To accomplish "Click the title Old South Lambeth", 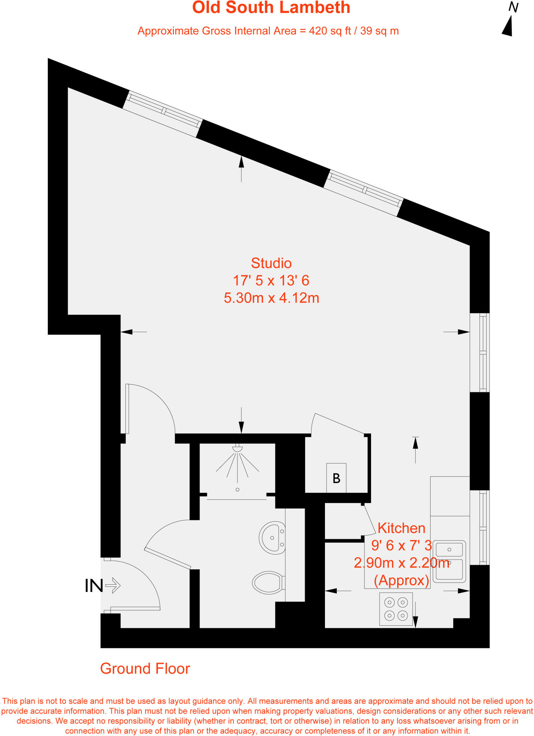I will coord(271,8).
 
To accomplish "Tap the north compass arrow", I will coord(508,26).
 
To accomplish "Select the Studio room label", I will coord(271,263).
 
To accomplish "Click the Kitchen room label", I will coord(401,528).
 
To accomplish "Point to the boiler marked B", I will coord(336,478).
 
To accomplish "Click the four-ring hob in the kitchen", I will coord(396,609).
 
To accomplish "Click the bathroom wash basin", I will coord(273,538).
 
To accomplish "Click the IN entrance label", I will coord(94,586).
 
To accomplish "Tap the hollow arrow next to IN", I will coord(113,585).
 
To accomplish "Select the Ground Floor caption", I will coord(145,669).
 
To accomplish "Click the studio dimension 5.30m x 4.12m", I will coord(271,298).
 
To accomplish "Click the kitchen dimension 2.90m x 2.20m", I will coord(401,563).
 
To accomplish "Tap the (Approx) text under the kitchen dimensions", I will coord(401,580).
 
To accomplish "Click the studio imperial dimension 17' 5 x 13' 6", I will coord(271,281).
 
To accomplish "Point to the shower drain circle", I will coord(237,489).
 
